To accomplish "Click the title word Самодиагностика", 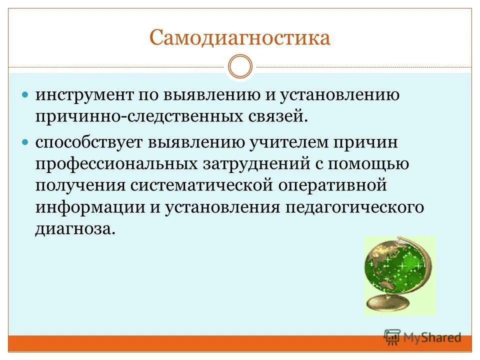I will pyautogui.click(x=240, y=38).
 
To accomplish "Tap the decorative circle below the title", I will pyautogui.click(x=240, y=67).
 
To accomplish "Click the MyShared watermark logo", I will pyautogui.click(x=422, y=337).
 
